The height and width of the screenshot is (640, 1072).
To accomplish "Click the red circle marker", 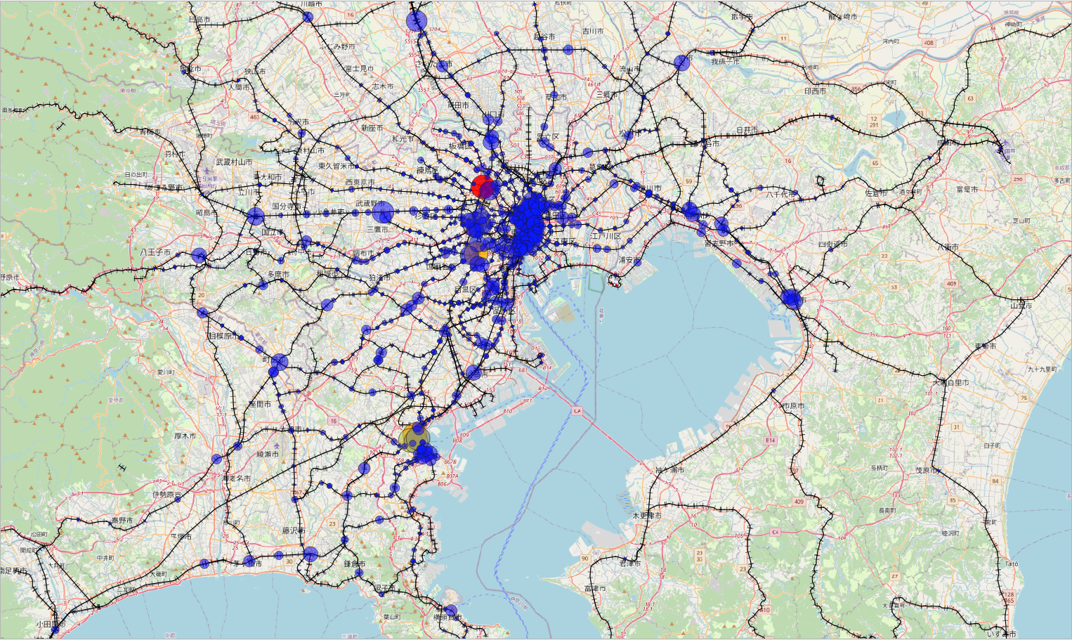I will (481, 186).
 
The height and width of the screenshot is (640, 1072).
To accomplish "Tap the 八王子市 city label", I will (155, 252).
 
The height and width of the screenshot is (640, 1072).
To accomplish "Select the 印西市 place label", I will (815, 91).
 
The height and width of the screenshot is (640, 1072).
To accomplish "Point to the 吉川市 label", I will (592, 32).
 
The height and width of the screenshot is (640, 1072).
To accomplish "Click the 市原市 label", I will (792, 406).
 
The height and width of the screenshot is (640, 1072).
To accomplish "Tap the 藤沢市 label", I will (294, 531).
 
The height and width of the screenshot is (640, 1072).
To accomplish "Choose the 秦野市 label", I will (122, 521).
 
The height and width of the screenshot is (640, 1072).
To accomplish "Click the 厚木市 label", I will (185, 436).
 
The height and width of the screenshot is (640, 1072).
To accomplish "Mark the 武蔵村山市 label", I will (234, 162).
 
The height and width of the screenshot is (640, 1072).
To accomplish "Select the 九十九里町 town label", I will (1042, 370).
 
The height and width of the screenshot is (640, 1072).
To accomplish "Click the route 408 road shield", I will (929, 43).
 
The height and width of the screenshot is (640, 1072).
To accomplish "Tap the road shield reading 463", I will (254, 117).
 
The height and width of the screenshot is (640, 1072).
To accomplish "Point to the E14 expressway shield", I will (770, 440).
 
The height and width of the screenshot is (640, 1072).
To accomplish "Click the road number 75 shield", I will (1024, 398).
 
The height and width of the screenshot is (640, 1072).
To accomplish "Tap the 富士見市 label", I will (359, 69).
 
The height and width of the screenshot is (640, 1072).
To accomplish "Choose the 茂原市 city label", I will (926, 471).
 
